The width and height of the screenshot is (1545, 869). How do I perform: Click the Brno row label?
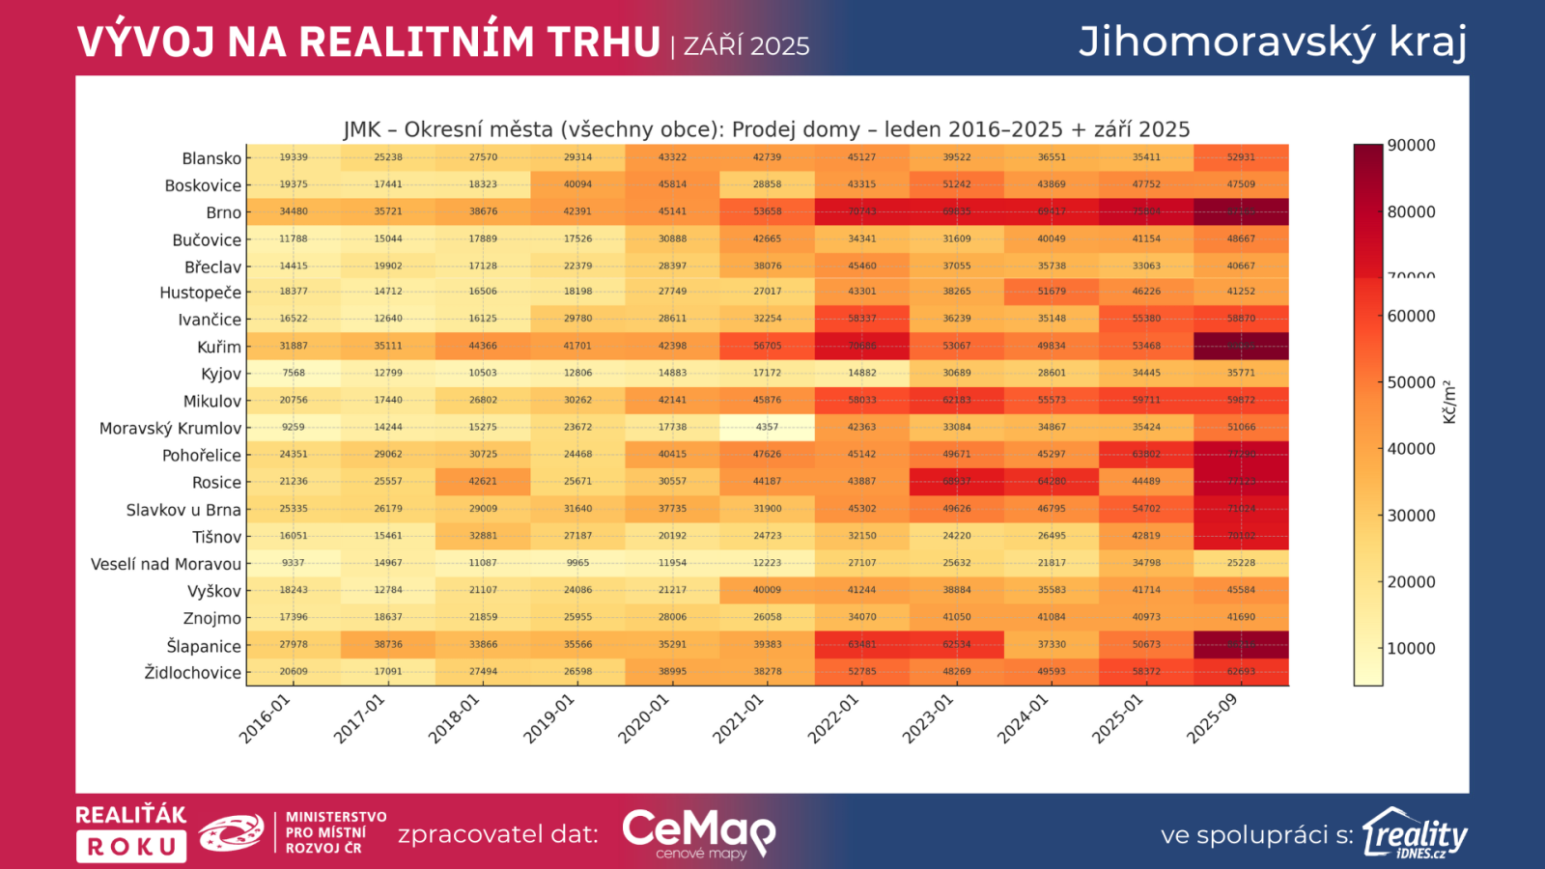(223, 212)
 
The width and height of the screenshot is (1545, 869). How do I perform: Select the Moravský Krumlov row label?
(170, 428)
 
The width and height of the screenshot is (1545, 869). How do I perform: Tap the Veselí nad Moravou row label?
(165, 564)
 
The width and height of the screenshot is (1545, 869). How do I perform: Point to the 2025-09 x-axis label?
(1213, 719)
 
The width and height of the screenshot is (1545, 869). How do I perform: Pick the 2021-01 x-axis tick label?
(739, 719)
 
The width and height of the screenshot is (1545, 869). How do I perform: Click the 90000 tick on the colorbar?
(1411, 146)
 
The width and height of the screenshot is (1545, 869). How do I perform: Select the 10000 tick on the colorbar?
(1411, 648)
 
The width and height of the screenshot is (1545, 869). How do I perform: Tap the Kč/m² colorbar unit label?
(1448, 403)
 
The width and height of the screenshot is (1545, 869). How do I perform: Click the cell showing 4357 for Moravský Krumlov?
(767, 427)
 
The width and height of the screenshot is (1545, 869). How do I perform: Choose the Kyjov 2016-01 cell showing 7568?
(294, 373)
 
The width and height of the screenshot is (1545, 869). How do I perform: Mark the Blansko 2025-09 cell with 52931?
(1241, 157)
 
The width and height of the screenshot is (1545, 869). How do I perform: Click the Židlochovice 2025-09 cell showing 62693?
(1241, 671)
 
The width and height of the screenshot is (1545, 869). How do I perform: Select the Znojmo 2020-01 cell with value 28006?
(672, 617)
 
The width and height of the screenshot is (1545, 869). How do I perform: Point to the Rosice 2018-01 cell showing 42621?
(483, 481)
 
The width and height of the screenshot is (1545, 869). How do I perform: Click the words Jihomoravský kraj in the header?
(1273, 42)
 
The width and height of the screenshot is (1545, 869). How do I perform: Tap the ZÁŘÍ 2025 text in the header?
(746, 46)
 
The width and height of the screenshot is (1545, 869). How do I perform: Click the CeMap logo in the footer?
(698, 832)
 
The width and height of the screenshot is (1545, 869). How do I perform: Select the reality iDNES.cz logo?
(1416, 833)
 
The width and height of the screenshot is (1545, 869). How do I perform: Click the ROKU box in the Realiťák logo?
(131, 847)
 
